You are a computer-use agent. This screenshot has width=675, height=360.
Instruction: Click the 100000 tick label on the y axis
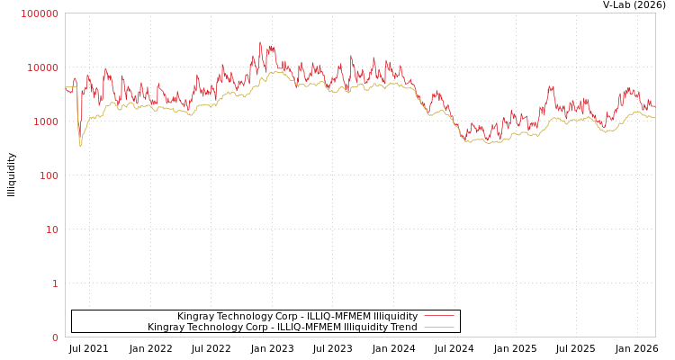(40, 13)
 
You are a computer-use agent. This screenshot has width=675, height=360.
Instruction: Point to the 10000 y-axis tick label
(43, 67)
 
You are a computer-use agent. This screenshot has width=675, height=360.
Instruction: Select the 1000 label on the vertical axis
(46, 121)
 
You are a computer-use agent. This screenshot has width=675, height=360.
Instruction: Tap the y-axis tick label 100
(49, 175)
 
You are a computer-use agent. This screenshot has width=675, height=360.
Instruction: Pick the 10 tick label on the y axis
(52, 229)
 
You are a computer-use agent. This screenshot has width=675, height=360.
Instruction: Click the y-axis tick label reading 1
(55, 283)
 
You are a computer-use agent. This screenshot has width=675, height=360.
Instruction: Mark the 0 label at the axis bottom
(55, 337)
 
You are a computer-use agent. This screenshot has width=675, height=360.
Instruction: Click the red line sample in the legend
(438, 316)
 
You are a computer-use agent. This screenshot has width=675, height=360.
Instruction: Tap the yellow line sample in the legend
(438, 327)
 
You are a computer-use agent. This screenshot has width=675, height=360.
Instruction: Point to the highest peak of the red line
(260, 41)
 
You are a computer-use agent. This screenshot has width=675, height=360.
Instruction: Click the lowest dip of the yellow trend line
(80, 146)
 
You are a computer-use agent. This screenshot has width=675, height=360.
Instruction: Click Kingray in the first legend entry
(195, 316)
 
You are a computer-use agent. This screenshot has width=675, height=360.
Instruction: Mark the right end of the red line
(654, 107)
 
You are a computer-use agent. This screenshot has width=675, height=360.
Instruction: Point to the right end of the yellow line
(654, 117)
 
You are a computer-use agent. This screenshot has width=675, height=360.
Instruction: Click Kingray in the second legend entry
(166, 327)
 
